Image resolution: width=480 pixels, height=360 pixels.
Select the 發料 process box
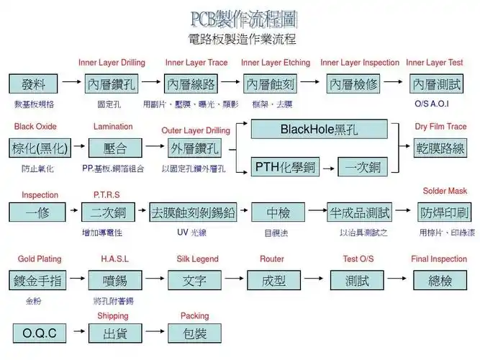pyautogui.click(x=33, y=84)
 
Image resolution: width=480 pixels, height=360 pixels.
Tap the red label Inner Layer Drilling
pyautogui.click(x=112, y=63)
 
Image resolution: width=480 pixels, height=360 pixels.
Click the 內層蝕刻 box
pyautogui.click(x=271, y=84)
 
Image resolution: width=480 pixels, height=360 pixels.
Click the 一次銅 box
pyautogui.click(x=362, y=168)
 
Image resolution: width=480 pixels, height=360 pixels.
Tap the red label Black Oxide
pyautogui.click(x=35, y=127)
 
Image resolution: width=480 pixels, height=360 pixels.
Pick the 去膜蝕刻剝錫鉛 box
pyautogui.click(x=193, y=213)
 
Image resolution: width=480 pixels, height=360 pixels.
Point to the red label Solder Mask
pyautogui.click(x=445, y=191)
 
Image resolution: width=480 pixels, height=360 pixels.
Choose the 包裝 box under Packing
pyautogui.click(x=194, y=333)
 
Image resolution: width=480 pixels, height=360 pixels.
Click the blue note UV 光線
pyautogui.click(x=192, y=233)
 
